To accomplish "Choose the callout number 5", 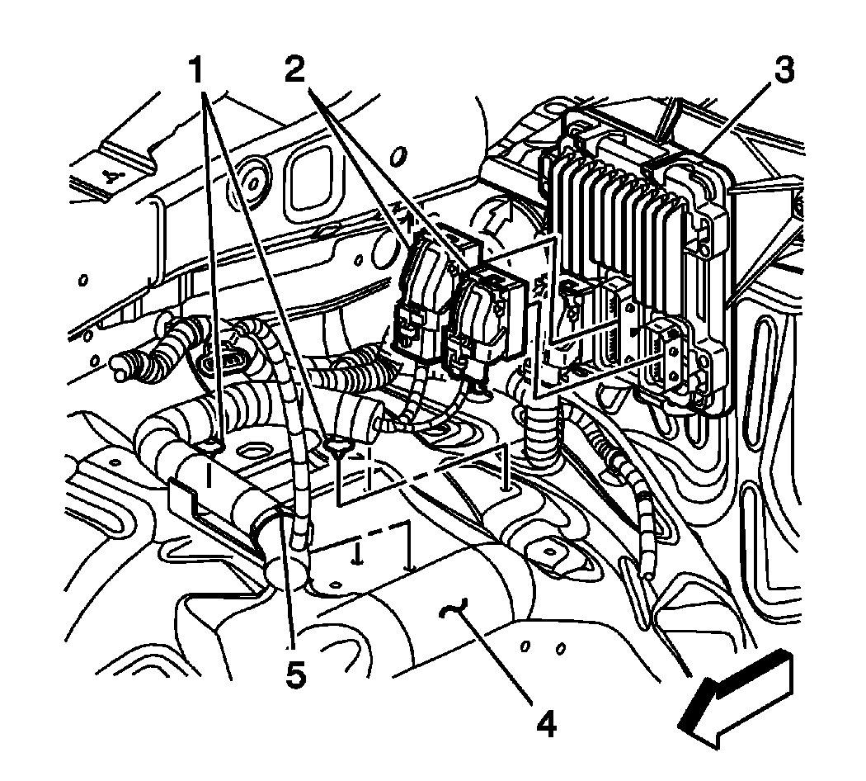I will pos(295,674).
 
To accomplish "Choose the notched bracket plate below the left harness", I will pos(206,512).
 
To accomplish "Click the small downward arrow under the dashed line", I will pos(356,556).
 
